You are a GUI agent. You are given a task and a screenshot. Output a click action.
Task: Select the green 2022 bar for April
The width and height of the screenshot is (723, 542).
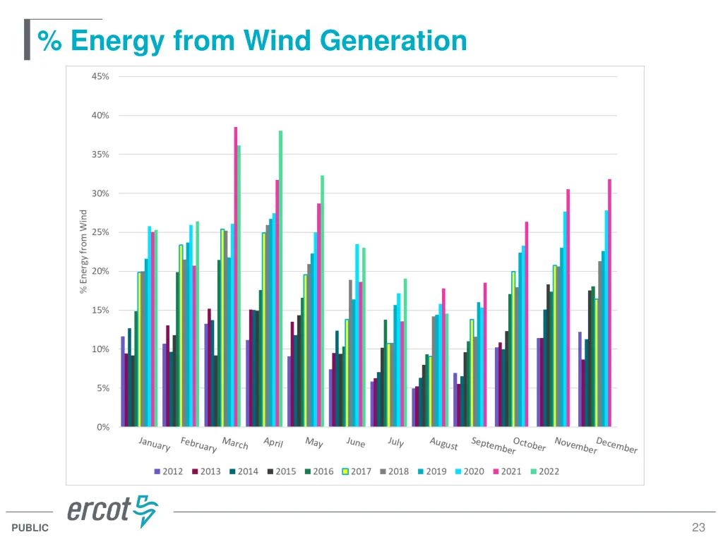point(280,279)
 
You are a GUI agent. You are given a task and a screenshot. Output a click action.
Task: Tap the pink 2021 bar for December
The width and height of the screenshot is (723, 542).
point(609,303)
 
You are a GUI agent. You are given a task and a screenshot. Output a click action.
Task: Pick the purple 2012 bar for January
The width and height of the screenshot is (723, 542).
point(123,381)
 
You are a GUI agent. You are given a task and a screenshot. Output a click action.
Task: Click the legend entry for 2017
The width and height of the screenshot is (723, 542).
point(357,471)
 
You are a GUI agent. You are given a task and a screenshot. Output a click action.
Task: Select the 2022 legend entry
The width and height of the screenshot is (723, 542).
point(544,471)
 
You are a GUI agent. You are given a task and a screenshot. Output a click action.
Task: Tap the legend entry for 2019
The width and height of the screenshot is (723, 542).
point(431,471)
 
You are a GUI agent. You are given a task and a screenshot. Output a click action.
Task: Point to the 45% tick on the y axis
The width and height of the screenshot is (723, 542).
point(100,76)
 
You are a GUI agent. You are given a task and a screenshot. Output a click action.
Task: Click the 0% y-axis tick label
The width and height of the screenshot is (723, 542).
point(102,427)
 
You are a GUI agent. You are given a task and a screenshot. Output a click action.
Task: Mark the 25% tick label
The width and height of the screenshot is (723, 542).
point(100,232)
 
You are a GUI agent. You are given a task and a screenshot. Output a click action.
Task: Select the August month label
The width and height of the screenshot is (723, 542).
point(444,444)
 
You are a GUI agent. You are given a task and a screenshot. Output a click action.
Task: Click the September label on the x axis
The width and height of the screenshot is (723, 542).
point(494,446)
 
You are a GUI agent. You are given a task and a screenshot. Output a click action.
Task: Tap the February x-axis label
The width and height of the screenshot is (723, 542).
point(198,445)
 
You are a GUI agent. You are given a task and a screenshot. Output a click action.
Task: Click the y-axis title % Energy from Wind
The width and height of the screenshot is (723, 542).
point(83,251)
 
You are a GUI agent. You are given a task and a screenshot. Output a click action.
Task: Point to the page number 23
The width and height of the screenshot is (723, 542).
point(698,527)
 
